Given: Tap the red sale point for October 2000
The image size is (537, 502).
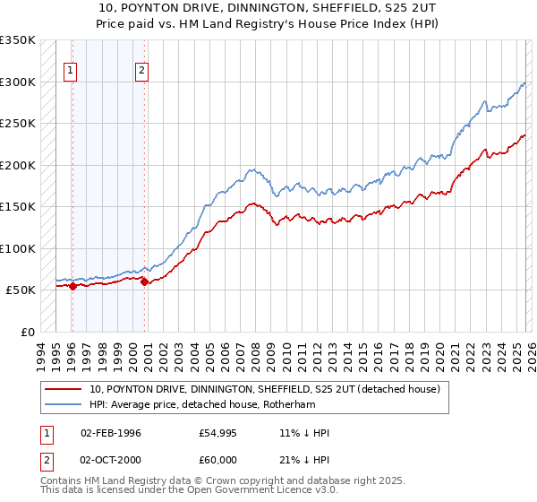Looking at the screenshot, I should coord(144,281).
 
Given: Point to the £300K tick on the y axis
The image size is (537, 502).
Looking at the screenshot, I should coord(18,82).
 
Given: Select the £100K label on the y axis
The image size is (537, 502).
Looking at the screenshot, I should coord(18,248).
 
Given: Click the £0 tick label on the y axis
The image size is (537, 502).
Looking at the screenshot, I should coord(26,332).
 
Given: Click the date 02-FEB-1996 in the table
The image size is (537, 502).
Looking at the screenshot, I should coord(110,433).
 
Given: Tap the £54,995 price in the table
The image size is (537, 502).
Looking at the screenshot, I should coord(218,433).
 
